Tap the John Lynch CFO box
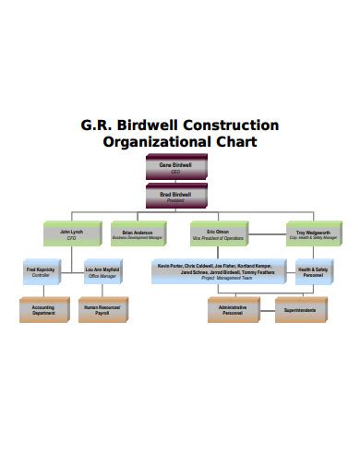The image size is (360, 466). [71, 234]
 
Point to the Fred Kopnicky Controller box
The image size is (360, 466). [42, 272]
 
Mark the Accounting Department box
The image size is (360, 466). [42, 310]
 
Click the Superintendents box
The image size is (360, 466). [299, 310]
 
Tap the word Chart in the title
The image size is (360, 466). [237, 142]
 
